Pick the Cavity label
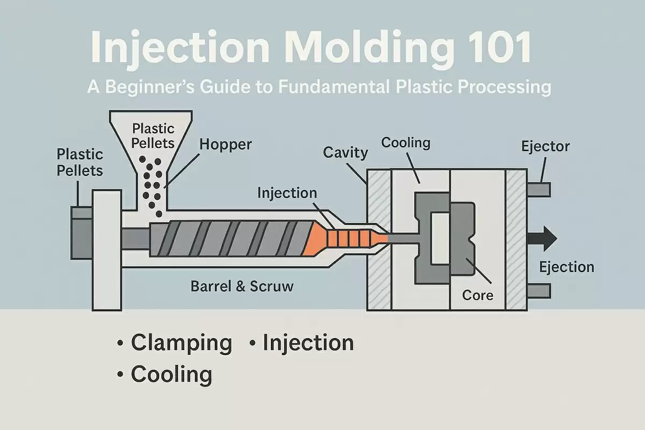pyautogui.click(x=345, y=153)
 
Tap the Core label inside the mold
pyautogui.click(x=477, y=295)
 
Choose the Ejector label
pyautogui.click(x=545, y=146)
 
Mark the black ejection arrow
pyautogui.click(x=543, y=238)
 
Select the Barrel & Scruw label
pyautogui.click(x=242, y=286)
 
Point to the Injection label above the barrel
pyautogui.click(x=287, y=192)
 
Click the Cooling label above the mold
pyautogui.click(x=406, y=143)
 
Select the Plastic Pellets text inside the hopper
pyautogui.click(x=153, y=135)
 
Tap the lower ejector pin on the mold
pyautogui.click(x=538, y=290)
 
